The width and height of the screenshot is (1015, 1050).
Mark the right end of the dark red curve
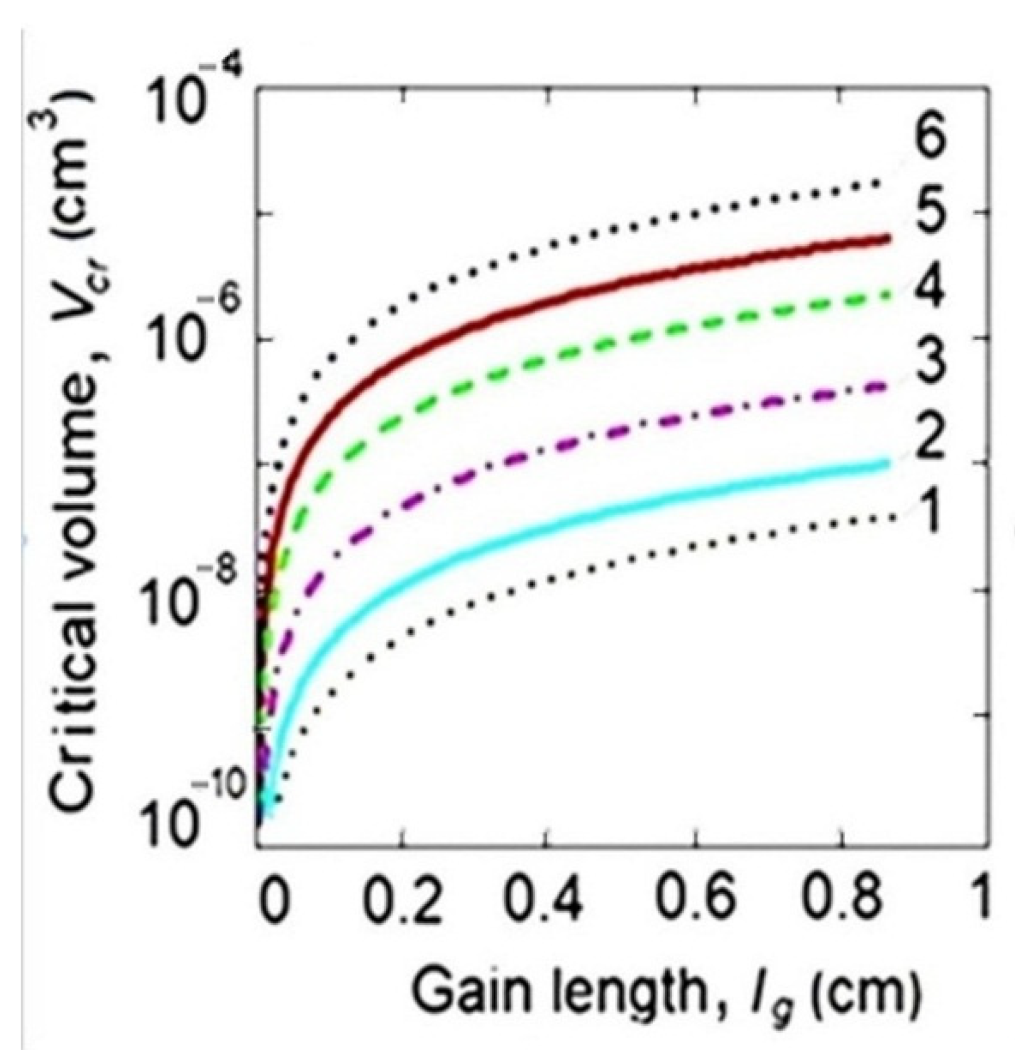coord(888,238)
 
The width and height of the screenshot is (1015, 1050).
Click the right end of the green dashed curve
coord(889,293)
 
